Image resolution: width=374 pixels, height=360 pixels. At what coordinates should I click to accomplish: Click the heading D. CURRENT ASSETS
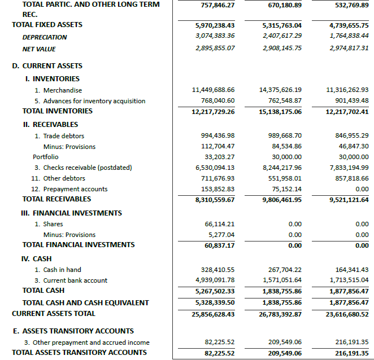click(x=47, y=66)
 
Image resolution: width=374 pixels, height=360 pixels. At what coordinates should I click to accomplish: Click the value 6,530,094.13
click(x=214, y=168)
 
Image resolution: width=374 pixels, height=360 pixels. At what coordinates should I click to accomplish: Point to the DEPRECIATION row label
click(x=45, y=37)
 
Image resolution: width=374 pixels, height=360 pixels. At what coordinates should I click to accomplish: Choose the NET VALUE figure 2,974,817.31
click(x=347, y=49)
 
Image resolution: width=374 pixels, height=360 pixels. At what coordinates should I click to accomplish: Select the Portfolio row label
click(x=45, y=157)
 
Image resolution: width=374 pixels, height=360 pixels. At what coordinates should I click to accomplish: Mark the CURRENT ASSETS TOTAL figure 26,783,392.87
click(x=280, y=314)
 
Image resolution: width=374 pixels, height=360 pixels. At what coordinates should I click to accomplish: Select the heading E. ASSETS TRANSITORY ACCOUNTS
click(x=73, y=331)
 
